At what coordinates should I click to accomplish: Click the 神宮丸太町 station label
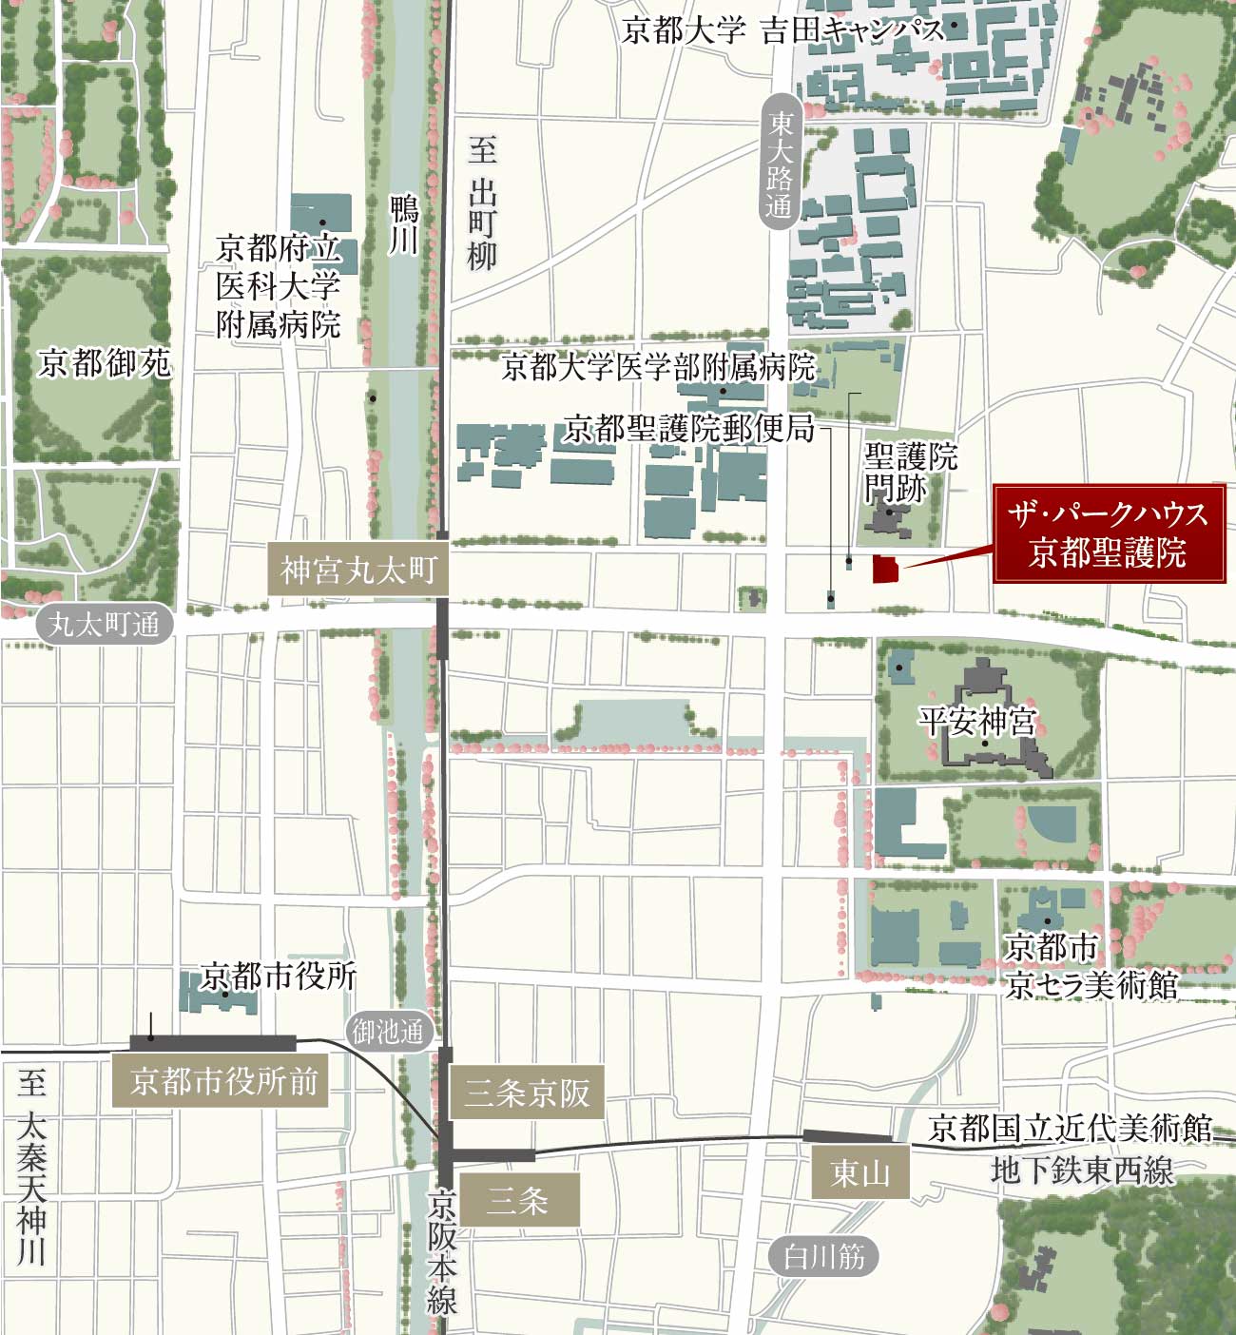[357, 571]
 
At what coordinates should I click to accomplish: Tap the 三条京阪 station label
[527, 1093]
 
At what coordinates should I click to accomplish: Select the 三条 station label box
[518, 1200]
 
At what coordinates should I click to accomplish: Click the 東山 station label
[860, 1172]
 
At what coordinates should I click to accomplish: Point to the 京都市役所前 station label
[222, 1081]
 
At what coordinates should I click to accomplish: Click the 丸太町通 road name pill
[105, 625]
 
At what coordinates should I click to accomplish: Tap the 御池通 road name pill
[387, 1032]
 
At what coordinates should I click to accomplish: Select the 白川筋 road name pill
[823, 1257]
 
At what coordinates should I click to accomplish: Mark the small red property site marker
[885, 569]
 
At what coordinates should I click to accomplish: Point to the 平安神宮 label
[976, 721]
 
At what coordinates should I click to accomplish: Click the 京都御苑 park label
[105, 363]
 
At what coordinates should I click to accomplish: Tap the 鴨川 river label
[404, 224]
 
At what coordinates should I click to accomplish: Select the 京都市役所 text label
[279, 976]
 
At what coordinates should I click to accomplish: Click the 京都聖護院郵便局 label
[688, 429]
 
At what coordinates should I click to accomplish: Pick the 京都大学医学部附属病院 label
[658, 367]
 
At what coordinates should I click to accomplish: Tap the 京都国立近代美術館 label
[1070, 1129]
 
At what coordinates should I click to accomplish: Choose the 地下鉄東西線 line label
[1082, 1171]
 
